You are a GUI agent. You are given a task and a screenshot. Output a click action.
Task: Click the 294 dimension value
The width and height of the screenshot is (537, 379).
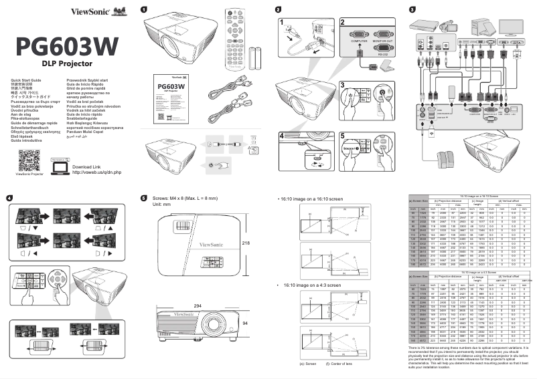coord(198,305)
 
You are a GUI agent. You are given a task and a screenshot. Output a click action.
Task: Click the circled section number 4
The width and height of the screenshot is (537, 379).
coord(9,198)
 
